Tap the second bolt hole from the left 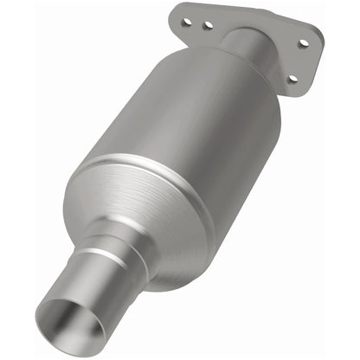coord(208,25)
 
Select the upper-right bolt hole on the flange coord(303,42)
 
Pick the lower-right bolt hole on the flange coord(292,79)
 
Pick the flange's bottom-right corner coord(299,89)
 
